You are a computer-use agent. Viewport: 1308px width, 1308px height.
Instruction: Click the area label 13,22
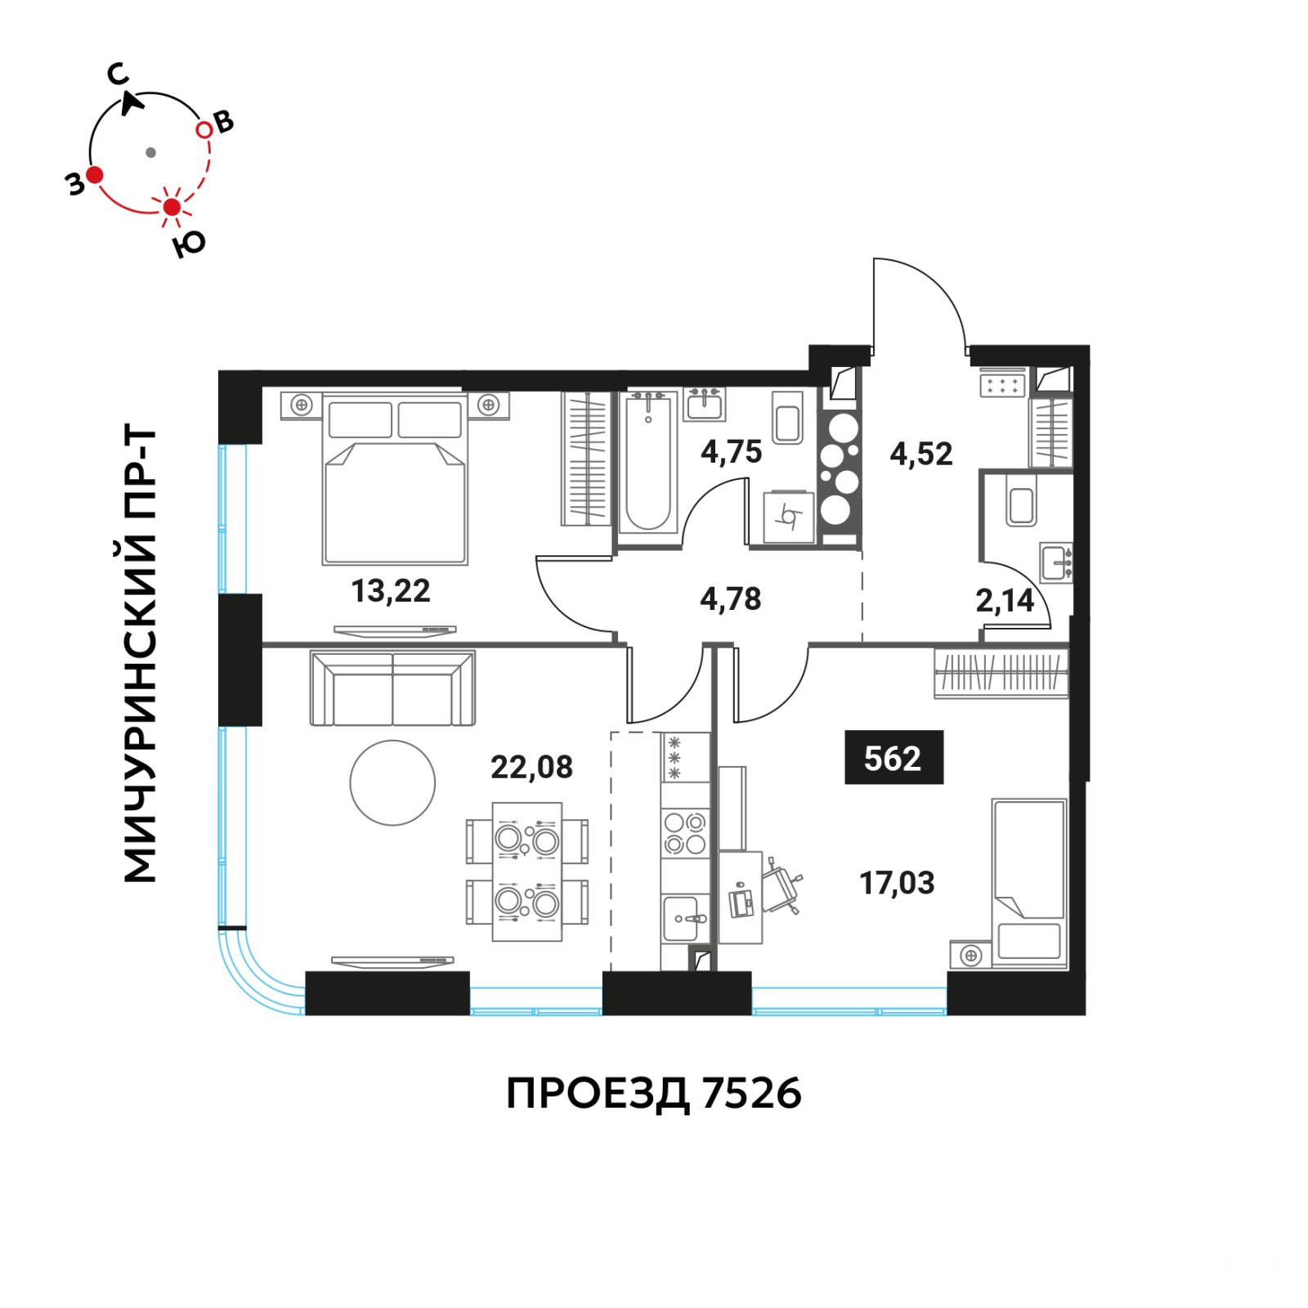391,590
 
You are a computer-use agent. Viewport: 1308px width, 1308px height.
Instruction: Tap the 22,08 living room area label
531,767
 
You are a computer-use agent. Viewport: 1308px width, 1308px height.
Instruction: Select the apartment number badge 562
894,758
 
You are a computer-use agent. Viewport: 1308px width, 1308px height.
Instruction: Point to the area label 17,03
897,883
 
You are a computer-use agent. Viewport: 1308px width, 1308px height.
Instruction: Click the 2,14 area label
1005,601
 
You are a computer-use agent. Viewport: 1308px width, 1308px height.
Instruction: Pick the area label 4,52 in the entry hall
921,454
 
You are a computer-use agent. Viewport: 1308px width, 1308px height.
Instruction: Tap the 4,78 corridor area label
730,599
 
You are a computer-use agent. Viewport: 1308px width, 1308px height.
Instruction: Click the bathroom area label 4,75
731,451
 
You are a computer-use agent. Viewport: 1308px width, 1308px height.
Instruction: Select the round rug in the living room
392,783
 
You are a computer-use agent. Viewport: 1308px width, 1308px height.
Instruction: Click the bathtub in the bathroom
648,463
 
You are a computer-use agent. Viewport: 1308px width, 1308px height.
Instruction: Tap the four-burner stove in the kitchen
685,832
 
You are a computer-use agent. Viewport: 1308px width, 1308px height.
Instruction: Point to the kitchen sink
684,919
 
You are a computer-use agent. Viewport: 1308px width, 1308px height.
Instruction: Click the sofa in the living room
392,688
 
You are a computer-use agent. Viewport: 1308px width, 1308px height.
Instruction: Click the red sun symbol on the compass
172,207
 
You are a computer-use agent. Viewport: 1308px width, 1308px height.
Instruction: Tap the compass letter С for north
118,75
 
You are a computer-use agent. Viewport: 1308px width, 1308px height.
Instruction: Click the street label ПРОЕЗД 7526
654,1094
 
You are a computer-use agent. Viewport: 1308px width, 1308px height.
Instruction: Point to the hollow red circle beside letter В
204,130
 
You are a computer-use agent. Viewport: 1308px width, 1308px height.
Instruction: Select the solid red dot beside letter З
95,174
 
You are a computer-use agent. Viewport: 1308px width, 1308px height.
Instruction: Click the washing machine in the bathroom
789,517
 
